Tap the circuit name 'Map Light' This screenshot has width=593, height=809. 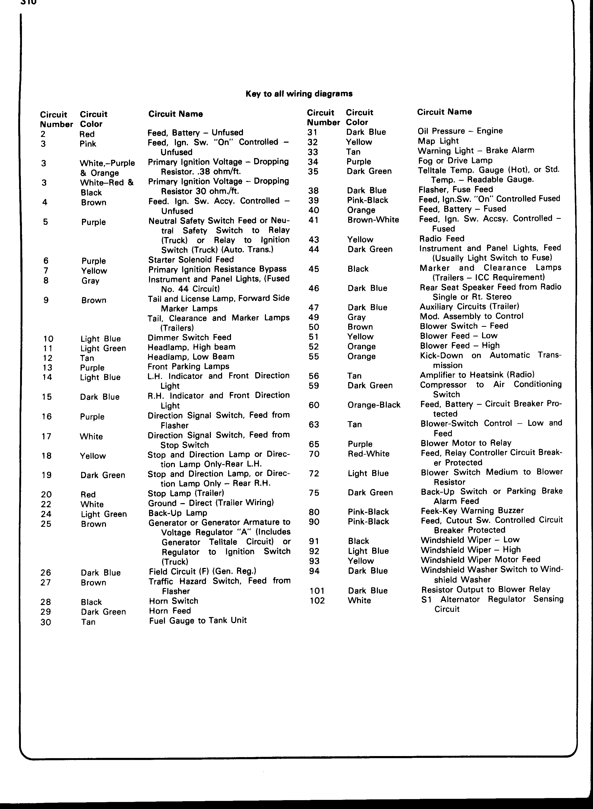tap(438, 141)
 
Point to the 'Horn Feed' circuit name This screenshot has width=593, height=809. tap(170, 611)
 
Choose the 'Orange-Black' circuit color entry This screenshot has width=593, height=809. tap(374, 405)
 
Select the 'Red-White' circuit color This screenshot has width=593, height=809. tap(368, 454)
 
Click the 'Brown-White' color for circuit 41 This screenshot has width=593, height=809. tap(373, 220)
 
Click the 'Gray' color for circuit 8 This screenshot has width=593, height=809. tap(90, 280)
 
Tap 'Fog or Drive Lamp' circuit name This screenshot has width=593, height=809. tap(455, 160)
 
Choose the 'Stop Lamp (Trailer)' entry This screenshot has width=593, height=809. tap(186, 493)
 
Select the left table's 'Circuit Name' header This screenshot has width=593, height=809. tap(176, 114)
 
